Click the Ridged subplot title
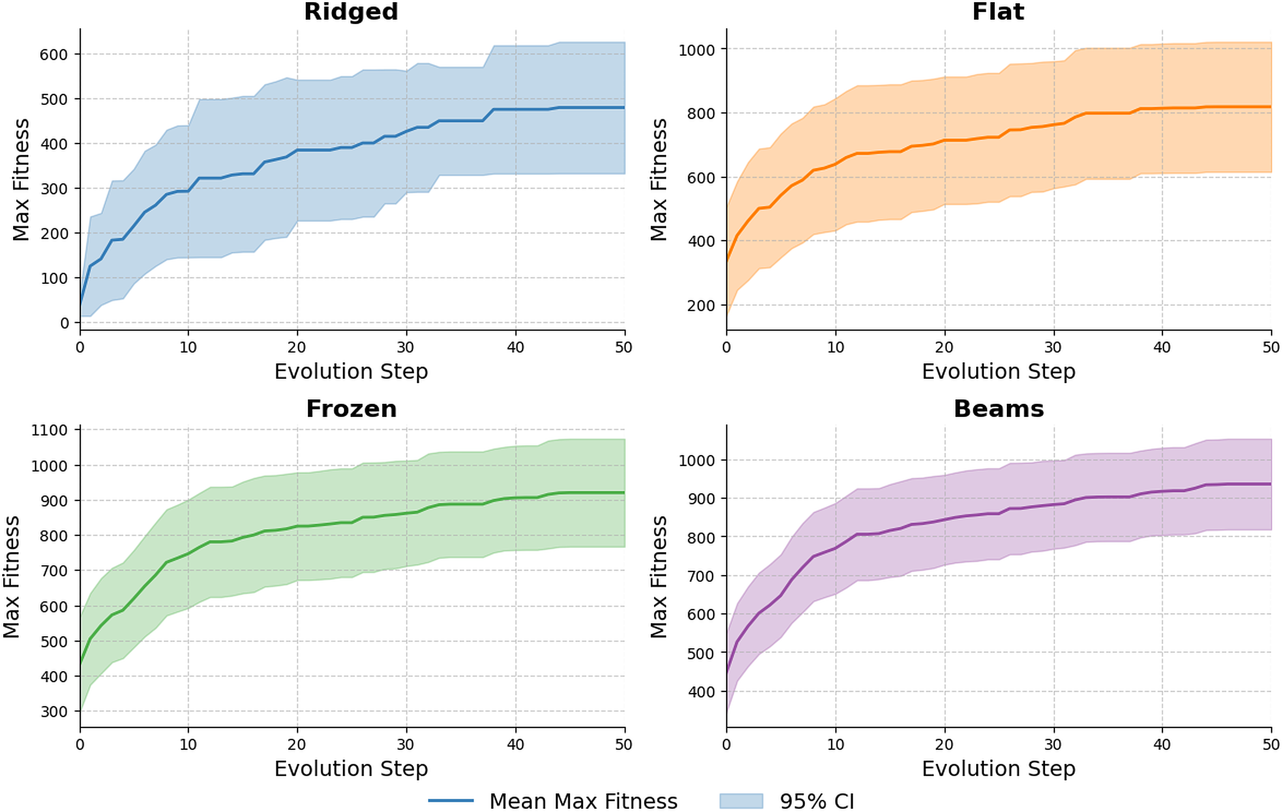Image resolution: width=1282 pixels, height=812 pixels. (x=351, y=12)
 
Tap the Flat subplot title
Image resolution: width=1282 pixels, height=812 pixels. (x=998, y=12)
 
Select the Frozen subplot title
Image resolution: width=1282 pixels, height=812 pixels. (x=351, y=409)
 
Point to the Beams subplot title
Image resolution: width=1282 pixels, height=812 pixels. (x=998, y=409)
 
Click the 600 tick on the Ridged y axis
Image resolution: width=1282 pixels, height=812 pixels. (x=54, y=55)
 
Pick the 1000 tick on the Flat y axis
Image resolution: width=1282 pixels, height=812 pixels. (x=696, y=50)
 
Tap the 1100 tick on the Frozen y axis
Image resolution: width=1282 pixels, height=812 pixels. (x=49, y=430)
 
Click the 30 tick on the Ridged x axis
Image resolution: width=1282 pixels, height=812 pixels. (x=406, y=347)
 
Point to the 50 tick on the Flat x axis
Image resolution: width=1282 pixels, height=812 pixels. (x=1271, y=347)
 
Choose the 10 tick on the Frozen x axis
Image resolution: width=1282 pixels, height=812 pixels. (x=188, y=744)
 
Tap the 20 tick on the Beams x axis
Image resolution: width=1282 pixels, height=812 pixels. (x=944, y=744)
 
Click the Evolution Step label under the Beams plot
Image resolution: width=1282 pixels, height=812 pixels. (x=998, y=768)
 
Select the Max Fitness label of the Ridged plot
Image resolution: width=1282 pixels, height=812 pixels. (x=21, y=180)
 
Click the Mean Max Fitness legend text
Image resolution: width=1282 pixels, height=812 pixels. (x=583, y=801)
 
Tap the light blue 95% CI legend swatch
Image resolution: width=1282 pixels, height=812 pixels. (x=740, y=801)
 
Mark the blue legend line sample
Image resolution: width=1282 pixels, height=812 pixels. (x=450, y=801)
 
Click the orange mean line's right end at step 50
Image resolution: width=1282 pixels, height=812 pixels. (x=1270, y=107)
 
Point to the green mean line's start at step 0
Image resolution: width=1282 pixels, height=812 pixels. (x=81, y=663)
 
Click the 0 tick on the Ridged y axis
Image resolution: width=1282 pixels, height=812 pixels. (x=64, y=323)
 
